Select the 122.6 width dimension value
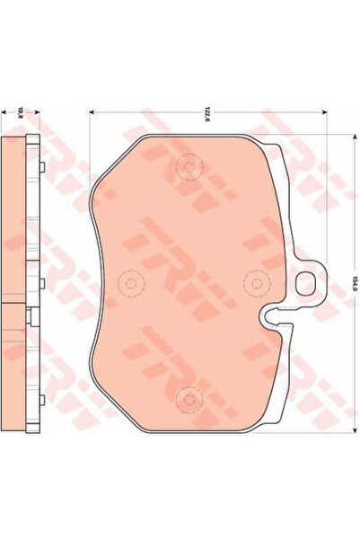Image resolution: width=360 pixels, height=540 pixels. coord(207,113)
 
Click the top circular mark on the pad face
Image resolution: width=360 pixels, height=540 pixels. coord(189,166)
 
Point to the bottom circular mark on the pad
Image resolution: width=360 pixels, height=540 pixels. coord(189,396)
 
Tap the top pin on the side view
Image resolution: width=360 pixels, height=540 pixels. coord(42,167)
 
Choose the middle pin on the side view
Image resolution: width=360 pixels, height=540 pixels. coord(42,283)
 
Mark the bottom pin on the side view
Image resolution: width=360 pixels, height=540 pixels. coord(42,397)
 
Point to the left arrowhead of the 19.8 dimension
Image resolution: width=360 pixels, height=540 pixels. coord(5,113)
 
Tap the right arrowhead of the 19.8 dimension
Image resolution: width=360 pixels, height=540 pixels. coord(36,113)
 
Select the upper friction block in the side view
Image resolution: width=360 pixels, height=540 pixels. coord(15,220)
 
